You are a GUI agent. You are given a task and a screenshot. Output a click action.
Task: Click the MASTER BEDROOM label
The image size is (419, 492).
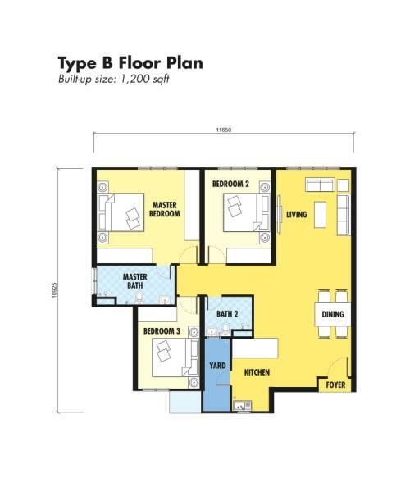(x=165, y=209)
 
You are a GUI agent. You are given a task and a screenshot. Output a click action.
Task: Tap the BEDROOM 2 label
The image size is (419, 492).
(x=230, y=184)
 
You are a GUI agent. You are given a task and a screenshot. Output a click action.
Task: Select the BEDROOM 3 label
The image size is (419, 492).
(x=162, y=331)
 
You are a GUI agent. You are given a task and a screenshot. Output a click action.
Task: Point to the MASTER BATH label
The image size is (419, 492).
(x=135, y=281)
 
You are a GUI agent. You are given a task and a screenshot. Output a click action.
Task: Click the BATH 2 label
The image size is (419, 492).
(x=227, y=314)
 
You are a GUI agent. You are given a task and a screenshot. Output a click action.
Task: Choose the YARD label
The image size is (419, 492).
(x=217, y=366)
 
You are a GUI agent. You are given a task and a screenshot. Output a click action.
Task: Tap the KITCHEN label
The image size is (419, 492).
(x=257, y=372)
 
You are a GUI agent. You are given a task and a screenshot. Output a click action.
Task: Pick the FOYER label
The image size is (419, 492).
(x=335, y=385)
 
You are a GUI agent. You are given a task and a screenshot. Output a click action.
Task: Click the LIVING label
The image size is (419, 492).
(x=297, y=215)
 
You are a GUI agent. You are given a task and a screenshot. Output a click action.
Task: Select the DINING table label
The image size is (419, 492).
(x=333, y=314)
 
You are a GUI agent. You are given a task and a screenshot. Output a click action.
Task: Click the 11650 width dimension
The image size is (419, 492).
(x=224, y=130)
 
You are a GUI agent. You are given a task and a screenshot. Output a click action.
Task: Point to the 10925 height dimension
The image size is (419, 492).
(x=55, y=290)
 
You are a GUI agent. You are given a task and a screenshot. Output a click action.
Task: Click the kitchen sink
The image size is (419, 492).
(x=242, y=405)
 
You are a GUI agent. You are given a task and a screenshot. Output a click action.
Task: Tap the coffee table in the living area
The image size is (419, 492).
(x=320, y=215)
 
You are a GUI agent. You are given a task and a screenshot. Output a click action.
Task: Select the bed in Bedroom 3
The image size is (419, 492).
(x=175, y=357)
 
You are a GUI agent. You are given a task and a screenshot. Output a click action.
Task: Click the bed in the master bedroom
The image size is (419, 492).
(x=121, y=212)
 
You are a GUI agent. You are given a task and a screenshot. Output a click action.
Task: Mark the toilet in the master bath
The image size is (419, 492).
(x=139, y=298)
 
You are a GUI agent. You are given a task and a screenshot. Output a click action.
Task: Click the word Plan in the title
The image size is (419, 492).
(x=184, y=63)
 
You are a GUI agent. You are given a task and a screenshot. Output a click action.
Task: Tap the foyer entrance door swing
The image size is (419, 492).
(x=339, y=367)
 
